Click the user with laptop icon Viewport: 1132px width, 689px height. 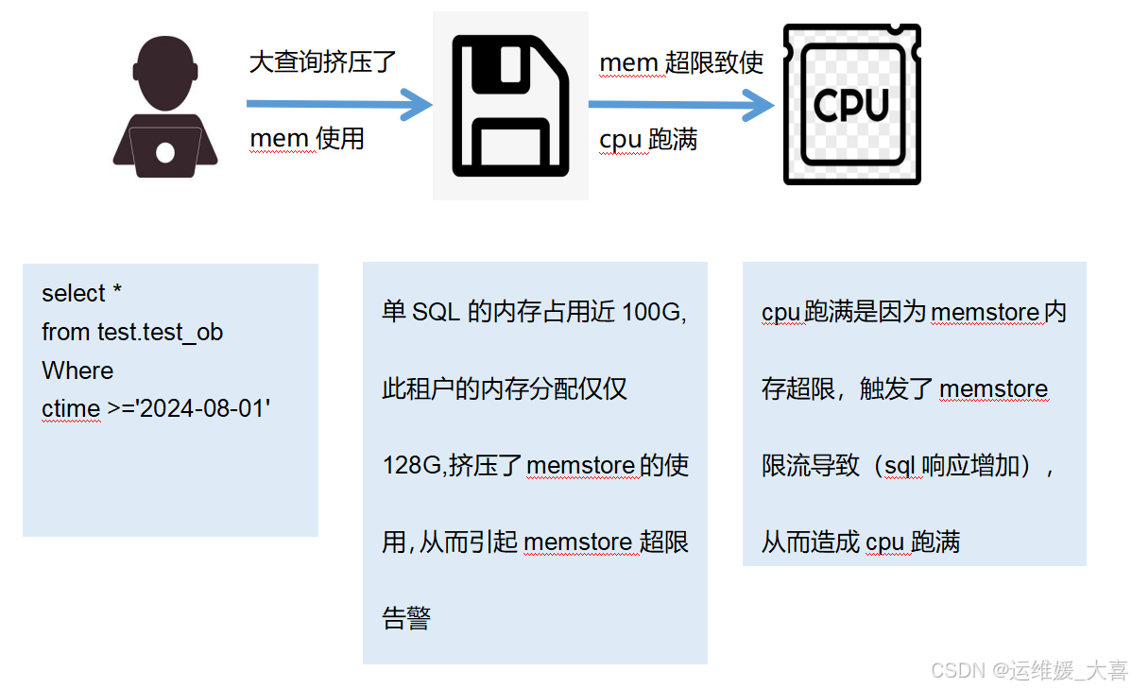(x=165, y=108)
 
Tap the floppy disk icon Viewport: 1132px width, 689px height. (x=510, y=107)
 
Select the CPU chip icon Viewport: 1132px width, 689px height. (x=851, y=105)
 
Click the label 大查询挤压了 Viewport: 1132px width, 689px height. (x=322, y=62)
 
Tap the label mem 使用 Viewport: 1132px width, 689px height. (x=307, y=139)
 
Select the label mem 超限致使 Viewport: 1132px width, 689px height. (x=681, y=63)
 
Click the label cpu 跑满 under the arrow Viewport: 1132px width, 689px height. (x=648, y=140)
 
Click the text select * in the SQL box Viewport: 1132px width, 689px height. (x=81, y=294)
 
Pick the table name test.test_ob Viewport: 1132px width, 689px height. (x=160, y=333)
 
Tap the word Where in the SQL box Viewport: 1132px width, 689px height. (x=77, y=370)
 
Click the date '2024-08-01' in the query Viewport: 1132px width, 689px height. (x=210, y=409)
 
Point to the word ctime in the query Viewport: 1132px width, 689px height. (x=71, y=409)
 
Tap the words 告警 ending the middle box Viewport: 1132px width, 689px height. (x=406, y=619)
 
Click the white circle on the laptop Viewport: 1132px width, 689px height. (x=165, y=152)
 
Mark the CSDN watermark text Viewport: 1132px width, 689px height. (x=1029, y=670)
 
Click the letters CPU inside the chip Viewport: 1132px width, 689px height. (x=851, y=105)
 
